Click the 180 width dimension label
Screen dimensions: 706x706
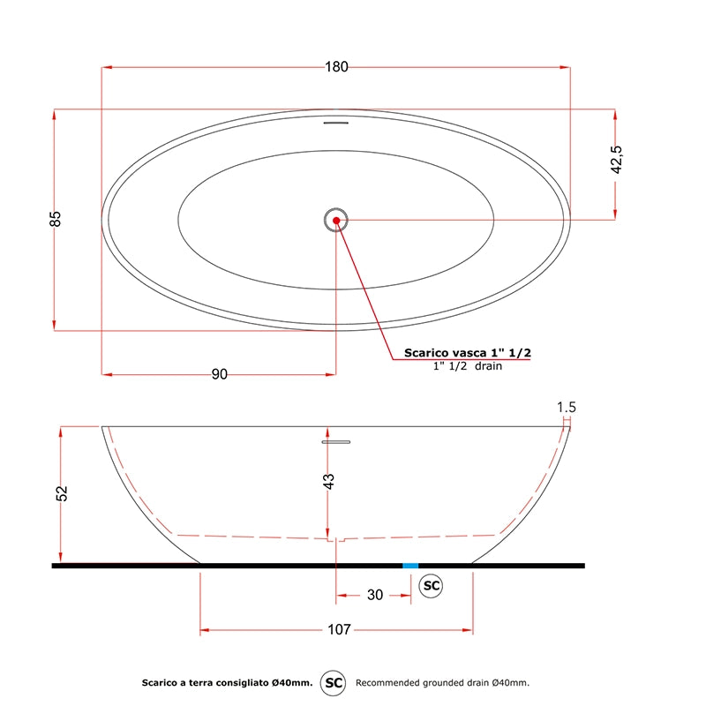(336, 67)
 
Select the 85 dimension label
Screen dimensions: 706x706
(55, 219)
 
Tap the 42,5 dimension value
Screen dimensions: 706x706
(616, 160)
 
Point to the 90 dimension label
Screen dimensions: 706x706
(219, 374)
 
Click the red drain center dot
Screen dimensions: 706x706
(336, 220)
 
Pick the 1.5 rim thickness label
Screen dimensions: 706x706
(567, 407)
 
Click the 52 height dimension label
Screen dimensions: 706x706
(62, 493)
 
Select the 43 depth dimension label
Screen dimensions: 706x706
(329, 481)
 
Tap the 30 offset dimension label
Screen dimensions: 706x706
(374, 595)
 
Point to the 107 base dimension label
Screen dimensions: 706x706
(339, 629)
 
